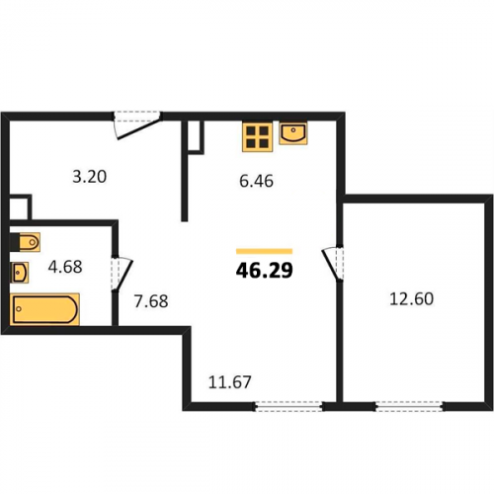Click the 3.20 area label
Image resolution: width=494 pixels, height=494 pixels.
click(90, 177)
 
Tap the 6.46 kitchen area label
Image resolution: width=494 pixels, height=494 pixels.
click(256, 181)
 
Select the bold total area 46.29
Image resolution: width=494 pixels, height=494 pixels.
click(265, 271)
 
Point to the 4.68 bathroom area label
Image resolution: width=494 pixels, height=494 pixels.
click(65, 267)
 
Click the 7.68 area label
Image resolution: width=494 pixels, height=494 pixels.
click(151, 301)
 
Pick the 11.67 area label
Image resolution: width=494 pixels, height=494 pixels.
click(230, 382)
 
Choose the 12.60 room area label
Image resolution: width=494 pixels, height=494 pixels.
click(411, 299)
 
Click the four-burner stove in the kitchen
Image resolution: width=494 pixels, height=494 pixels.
click(257, 137)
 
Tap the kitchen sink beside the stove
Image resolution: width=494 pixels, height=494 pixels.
click(293, 133)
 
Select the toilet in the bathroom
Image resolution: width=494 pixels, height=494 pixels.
click(25, 242)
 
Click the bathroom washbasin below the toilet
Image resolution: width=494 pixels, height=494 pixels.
click(20, 273)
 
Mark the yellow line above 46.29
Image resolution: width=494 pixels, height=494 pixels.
click(264, 252)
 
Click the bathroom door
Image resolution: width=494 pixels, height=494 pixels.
click(121, 275)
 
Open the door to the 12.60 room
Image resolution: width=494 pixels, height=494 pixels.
click(333, 264)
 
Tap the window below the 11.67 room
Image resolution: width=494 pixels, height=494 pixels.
click(288, 406)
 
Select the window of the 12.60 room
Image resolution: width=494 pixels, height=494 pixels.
click(409, 406)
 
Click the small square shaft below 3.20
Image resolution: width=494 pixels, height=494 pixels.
click(20, 207)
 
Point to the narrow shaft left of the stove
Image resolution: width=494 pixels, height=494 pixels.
click(194, 137)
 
